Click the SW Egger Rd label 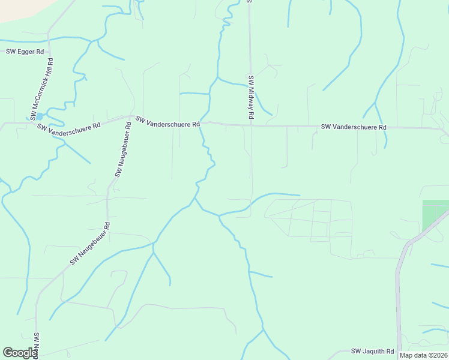point(25,52)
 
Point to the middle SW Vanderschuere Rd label point(167,122)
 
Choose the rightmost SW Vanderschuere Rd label point(354,127)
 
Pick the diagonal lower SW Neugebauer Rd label point(90,244)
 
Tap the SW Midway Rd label point(251,96)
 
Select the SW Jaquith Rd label point(372,351)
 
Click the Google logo point(20,353)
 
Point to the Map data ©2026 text point(423,355)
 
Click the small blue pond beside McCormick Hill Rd point(39,116)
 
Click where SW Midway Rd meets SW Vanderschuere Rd point(251,126)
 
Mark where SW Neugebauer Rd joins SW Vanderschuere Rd point(133,116)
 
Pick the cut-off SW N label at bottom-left point(37,346)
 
